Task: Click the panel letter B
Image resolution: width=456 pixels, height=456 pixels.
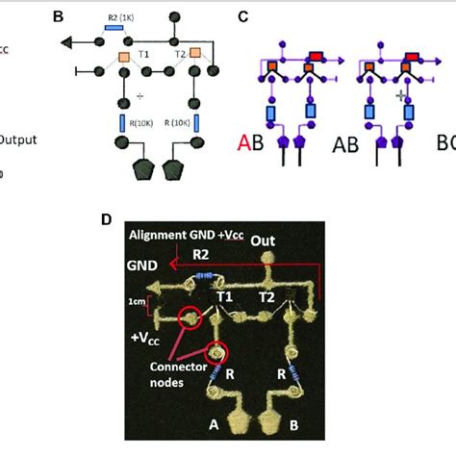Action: tap(58, 16)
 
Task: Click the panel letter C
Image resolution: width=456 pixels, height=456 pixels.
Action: tap(243, 16)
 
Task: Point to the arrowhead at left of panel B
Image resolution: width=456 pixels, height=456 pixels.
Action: tap(66, 42)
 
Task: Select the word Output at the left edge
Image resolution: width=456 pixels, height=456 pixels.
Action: tap(17, 139)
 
